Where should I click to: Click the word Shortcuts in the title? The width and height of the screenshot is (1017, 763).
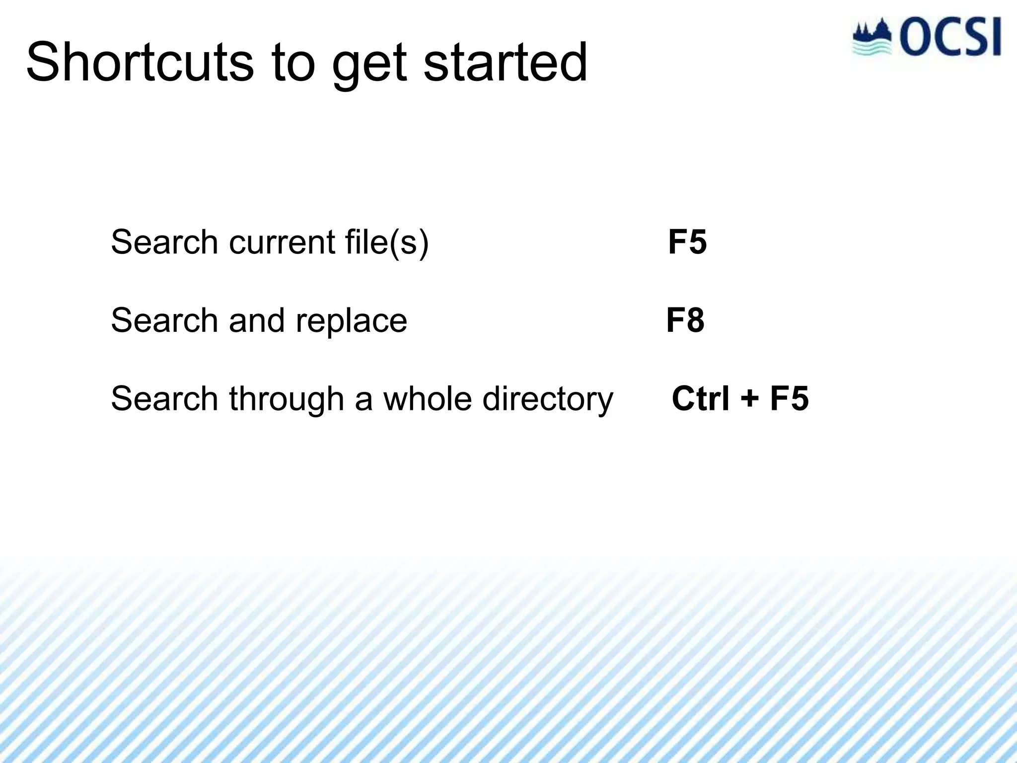(x=140, y=63)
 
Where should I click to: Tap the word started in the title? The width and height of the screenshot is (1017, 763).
(x=506, y=63)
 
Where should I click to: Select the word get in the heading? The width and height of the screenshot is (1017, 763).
(x=369, y=67)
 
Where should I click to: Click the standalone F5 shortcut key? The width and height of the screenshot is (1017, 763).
(x=687, y=242)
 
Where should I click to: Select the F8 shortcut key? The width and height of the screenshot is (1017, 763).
(x=685, y=320)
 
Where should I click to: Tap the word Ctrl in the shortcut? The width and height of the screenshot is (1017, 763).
(x=701, y=398)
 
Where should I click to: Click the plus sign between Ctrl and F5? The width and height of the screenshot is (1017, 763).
(x=750, y=399)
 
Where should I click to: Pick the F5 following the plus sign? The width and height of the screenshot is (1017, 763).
(x=790, y=398)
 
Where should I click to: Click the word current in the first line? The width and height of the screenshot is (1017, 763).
(x=282, y=242)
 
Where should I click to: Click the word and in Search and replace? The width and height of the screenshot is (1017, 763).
(x=257, y=320)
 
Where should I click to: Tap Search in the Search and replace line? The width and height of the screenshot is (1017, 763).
(x=164, y=320)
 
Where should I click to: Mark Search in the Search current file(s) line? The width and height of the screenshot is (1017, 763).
(x=164, y=242)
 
